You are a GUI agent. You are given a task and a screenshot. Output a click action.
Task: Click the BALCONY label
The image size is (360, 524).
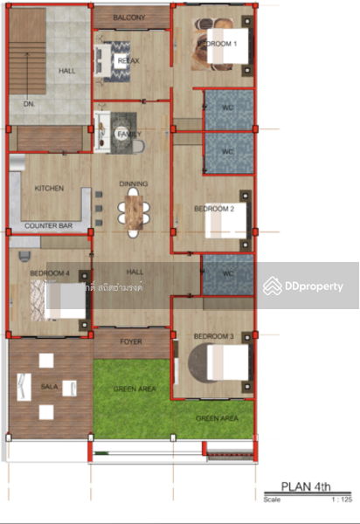coord(129,17)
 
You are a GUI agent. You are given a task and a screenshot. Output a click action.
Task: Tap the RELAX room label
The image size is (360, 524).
coord(129,60)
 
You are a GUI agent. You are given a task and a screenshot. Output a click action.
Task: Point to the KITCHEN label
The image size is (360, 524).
coord(49,188)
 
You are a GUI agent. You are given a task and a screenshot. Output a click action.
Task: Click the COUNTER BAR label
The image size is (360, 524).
coord(48,226)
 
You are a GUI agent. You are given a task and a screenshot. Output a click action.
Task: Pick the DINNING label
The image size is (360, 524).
coord(134,183)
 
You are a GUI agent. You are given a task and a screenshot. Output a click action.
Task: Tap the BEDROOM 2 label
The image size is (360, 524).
coord(213,210)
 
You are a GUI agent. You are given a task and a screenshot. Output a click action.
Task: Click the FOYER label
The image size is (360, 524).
coord(131,342)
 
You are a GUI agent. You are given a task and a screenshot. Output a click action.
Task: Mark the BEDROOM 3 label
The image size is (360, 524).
coord(212,336)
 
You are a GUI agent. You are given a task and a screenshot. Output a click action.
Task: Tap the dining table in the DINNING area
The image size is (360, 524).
coord(134,210)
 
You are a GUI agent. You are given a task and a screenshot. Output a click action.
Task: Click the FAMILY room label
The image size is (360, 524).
coord(128,134)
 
